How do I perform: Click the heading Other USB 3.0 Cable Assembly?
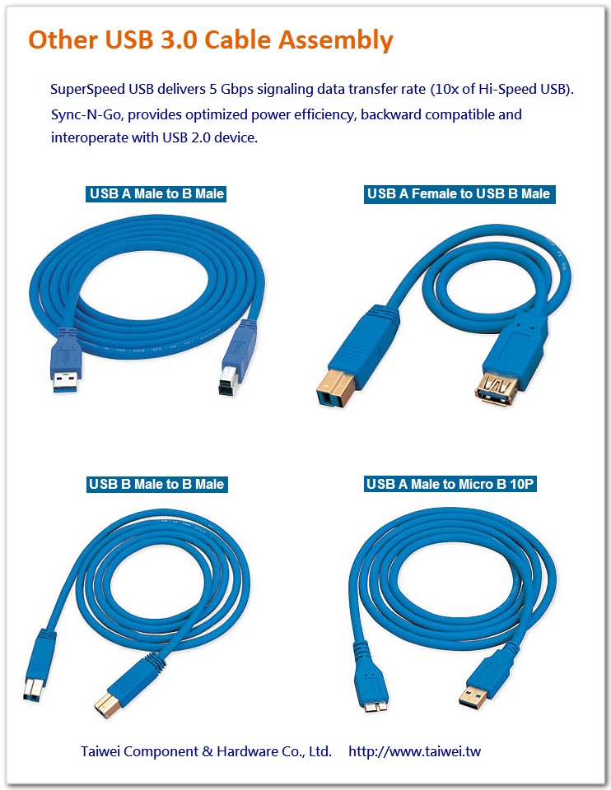[211, 39]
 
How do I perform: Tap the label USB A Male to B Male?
[156, 194]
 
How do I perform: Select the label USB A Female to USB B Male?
[459, 194]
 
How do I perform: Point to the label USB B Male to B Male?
[156, 485]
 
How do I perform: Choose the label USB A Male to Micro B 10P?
[450, 485]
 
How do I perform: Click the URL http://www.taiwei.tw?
[420, 751]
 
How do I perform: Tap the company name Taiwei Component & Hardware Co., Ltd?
[206, 751]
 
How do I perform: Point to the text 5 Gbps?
[240, 89]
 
